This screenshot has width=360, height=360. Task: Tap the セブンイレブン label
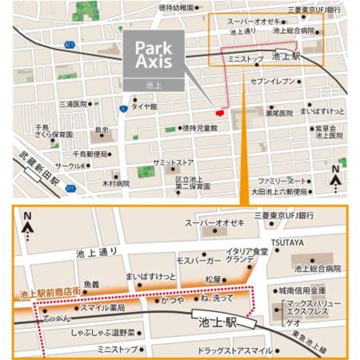click(x=273, y=82)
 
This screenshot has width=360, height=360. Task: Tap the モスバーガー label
click(x=199, y=262)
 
